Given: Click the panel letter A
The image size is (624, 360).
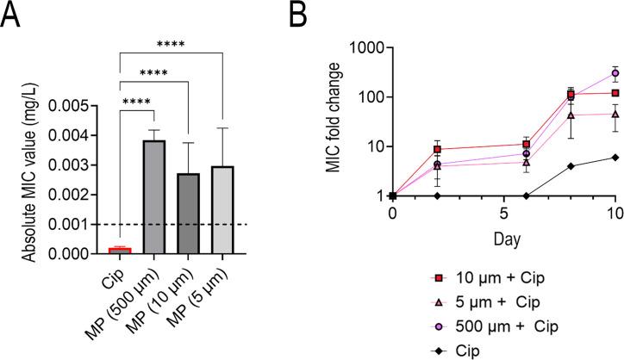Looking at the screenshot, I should point(12,16).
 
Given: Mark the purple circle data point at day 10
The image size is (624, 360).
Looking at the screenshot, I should point(614,73).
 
